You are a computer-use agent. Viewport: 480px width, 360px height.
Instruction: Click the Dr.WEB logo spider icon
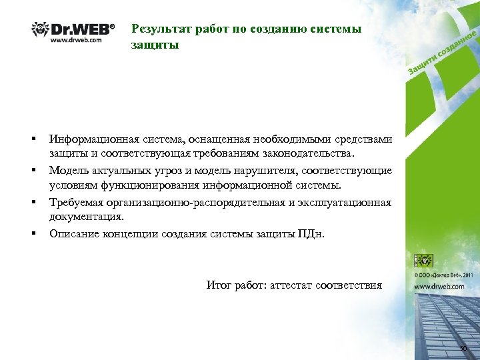coord(39,29)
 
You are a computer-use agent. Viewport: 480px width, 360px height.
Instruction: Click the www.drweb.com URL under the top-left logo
coord(75,40)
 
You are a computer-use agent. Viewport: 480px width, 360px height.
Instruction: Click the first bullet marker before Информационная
coord(32,139)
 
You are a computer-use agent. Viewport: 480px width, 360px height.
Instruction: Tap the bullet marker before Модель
coord(32,171)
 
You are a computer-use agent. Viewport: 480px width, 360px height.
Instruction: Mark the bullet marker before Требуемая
coord(32,201)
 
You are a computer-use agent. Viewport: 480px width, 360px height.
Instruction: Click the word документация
coord(86,217)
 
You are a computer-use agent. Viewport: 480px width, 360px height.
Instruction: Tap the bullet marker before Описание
coord(32,233)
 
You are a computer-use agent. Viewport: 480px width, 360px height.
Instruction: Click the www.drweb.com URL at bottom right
coord(439,285)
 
